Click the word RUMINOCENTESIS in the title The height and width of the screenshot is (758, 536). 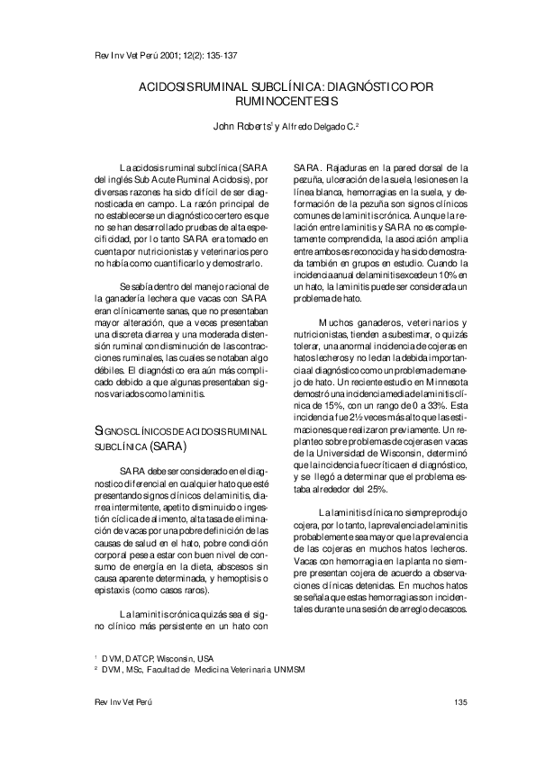[268, 102]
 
